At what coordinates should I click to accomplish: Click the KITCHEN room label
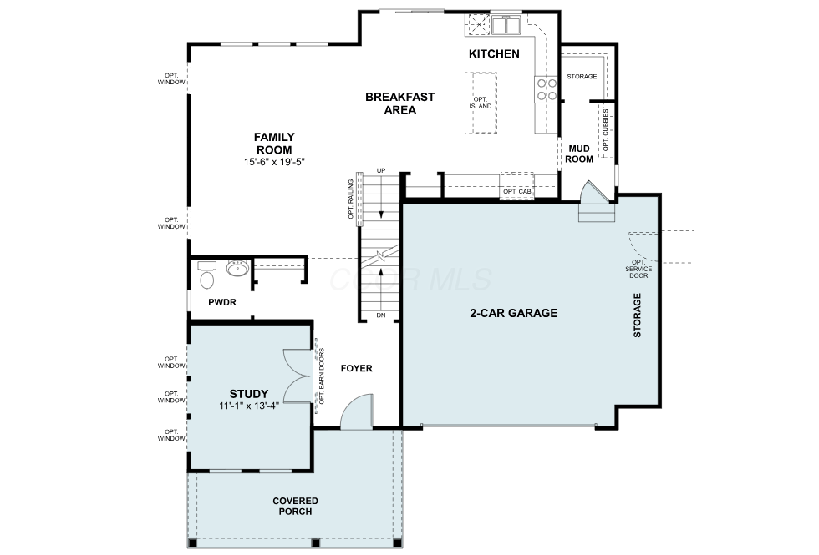pyautogui.click(x=494, y=53)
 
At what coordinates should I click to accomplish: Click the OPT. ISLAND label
pyautogui.click(x=480, y=103)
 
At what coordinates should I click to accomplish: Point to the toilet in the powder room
pyautogui.click(x=206, y=275)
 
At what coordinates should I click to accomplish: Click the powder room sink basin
pyautogui.click(x=237, y=269)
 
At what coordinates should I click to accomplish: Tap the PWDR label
pyautogui.click(x=222, y=302)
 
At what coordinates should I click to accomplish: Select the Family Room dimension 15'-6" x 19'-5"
pyautogui.click(x=274, y=162)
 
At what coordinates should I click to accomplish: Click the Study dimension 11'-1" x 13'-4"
pyautogui.click(x=249, y=406)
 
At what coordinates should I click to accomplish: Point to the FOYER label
pyautogui.click(x=356, y=368)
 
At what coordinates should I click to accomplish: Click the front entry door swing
pyautogui.click(x=357, y=411)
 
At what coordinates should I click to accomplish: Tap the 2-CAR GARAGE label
pyautogui.click(x=513, y=313)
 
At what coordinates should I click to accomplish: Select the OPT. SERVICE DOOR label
pyautogui.click(x=638, y=269)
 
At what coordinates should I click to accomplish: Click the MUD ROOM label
pyautogui.click(x=579, y=154)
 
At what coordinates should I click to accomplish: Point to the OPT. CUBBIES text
pyautogui.click(x=605, y=130)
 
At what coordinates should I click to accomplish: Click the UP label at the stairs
pyautogui.click(x=381, y=170)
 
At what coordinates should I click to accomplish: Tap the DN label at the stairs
pyautogui.click(x=381, y=315)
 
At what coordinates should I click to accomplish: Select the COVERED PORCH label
pyautogui.click(x=295, y=506)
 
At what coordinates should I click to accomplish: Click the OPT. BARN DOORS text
pyautogui.click(x=321, y=376)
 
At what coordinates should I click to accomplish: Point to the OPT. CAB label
pyautogui.click(x=517, y=191)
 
